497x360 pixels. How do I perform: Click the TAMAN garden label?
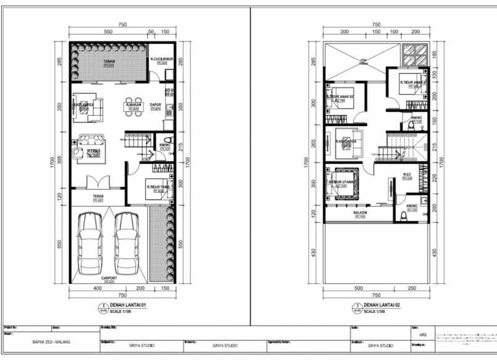[109, 62]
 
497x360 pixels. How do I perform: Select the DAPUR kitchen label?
[155, 105]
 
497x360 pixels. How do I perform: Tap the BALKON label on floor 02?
[360, 212]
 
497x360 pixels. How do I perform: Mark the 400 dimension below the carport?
[98, 288]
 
